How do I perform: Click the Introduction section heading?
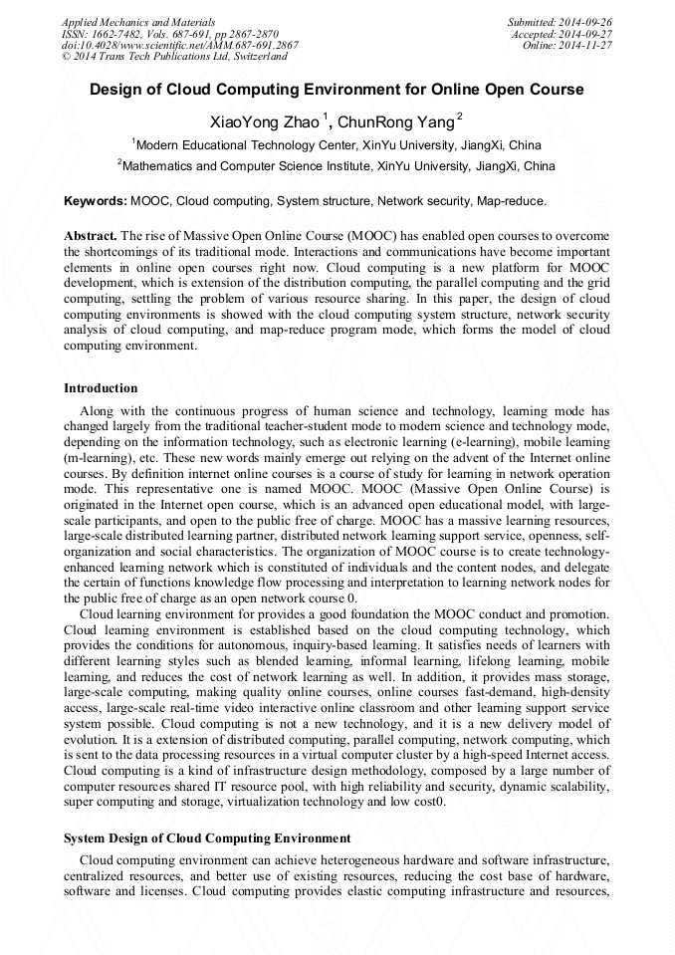click(101, 387)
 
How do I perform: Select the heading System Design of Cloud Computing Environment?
click(207, 837)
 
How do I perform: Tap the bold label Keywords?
click(96, 200)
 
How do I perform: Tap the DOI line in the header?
click(179, 45)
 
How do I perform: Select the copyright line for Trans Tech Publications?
click(174, 57)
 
